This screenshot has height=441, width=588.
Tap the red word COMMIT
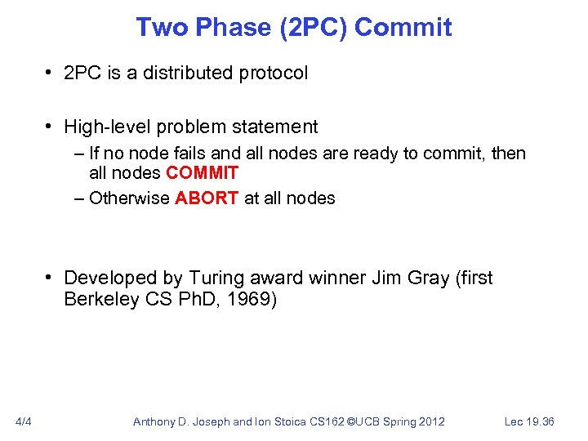coord(202,173)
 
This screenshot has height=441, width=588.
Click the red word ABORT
coord(207,198)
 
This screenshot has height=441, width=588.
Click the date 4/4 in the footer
coord(24,421)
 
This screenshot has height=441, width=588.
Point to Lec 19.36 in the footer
coord(529,421)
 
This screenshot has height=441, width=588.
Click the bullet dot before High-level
coord(51,127)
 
